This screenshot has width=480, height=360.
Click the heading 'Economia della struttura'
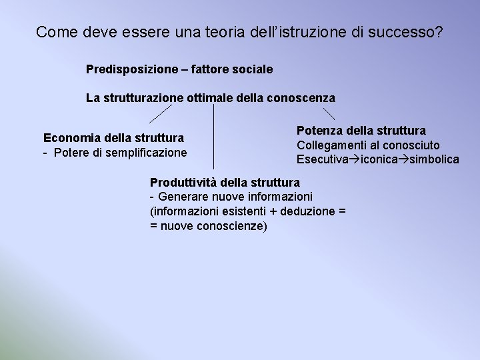113,139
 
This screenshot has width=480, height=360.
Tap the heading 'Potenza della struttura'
361,131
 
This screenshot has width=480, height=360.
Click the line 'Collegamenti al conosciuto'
368,145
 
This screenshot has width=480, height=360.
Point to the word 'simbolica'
433,159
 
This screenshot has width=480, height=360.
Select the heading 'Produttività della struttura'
225,182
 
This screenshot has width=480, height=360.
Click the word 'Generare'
181,197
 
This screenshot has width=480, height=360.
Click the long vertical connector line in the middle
213,137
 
